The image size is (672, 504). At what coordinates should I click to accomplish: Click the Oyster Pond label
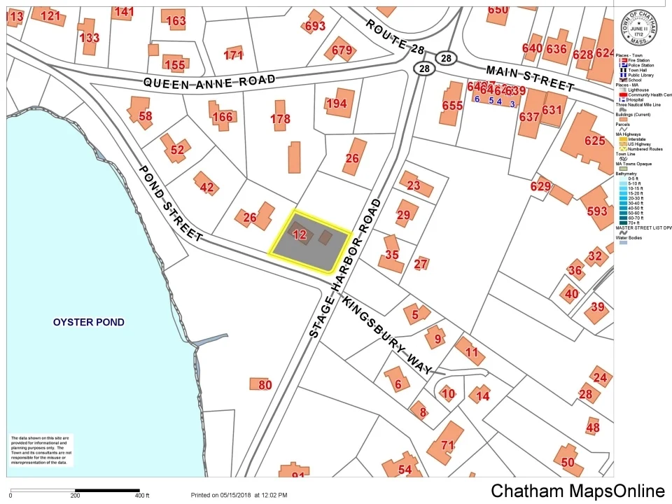(89, 322)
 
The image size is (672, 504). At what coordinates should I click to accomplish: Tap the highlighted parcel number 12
(300, 235)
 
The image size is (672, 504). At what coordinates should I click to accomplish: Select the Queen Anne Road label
(209, 82)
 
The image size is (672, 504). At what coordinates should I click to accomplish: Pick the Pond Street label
(170, 204)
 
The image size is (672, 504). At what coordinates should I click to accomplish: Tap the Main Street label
(530, 76)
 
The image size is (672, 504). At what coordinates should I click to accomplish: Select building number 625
(594, 141)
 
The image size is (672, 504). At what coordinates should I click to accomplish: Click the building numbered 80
(264, 384)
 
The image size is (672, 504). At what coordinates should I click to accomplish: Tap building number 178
(280, 119)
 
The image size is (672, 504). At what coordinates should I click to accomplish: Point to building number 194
(336, 104)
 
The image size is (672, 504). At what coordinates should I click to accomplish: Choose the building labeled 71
(447, 445)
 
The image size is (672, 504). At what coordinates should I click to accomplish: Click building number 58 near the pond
(145, 115)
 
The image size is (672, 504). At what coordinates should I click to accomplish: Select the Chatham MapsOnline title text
(577, 491)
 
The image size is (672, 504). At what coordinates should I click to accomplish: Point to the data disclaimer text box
(40, 450)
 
